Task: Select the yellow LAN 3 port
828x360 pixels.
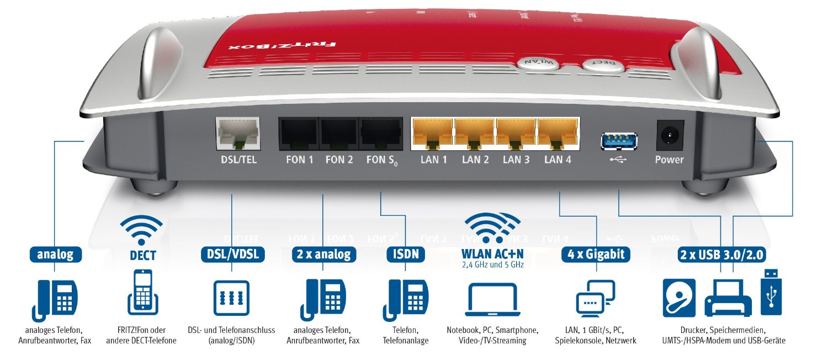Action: tap(516, 134)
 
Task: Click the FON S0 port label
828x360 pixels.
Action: tap(380, 161)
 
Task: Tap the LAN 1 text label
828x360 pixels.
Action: tap(434, 160)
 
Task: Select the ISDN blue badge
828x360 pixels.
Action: tap(406, 254)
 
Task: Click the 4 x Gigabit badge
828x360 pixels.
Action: tap(596, 254)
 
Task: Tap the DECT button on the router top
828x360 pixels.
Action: tap(603, 65)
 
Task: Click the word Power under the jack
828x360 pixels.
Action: tap(669, 160)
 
